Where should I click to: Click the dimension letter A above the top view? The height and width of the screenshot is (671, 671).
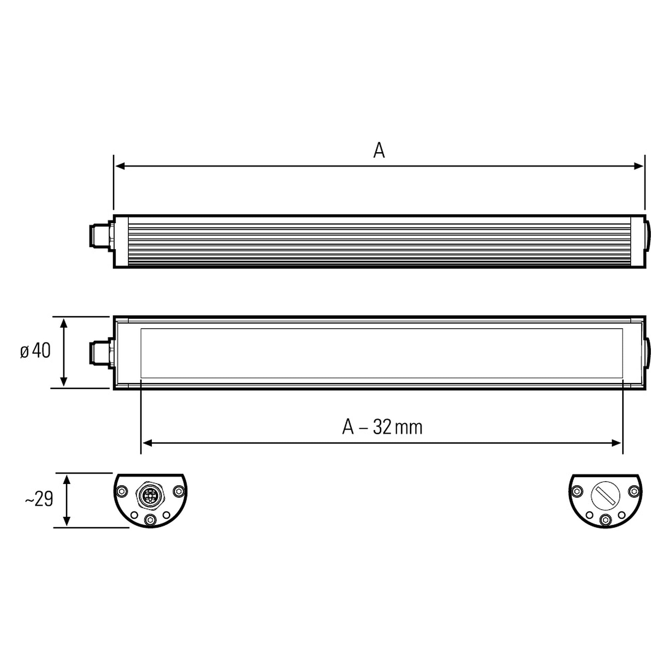(379, 150)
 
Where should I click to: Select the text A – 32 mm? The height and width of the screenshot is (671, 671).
(382, 427)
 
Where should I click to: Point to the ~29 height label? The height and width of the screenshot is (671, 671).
(39, 500)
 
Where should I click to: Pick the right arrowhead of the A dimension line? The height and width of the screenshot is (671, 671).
(639, 166)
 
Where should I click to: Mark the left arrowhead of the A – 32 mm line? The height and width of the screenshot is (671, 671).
(147, 443)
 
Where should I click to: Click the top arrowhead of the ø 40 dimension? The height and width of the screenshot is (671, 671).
(63, 323)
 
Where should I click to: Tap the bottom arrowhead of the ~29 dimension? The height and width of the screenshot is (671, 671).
(67, 521)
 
